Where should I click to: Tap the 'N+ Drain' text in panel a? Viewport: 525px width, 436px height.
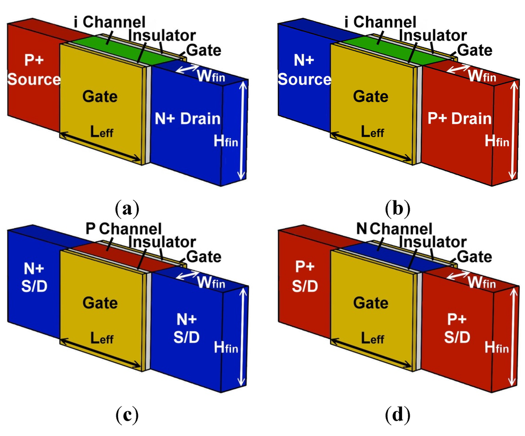pyautogui.click(x=188, y=119)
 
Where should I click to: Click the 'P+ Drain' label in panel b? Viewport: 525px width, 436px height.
pyautogui.click(x=458, y=119)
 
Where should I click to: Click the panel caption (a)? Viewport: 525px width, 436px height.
pyautogui.click(x=127, y=209)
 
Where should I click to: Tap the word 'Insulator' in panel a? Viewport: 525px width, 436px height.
pyautogui.click(x=162, y=35)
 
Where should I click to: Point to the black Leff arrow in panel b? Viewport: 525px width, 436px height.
pyautogui.click(x=371, y=149)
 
